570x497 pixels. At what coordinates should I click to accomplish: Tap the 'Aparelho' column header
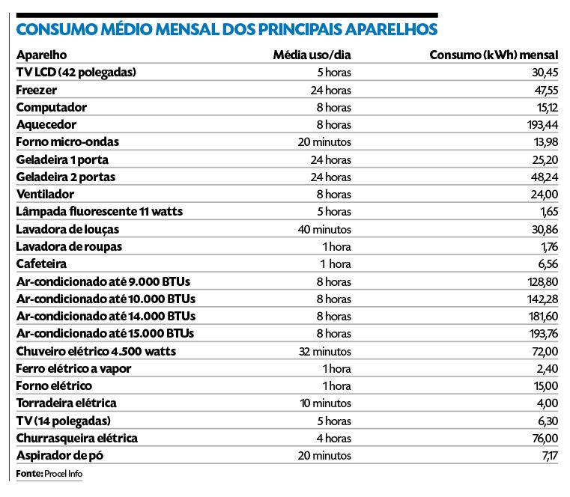[41, 55]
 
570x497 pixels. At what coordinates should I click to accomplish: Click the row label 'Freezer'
[36, 90]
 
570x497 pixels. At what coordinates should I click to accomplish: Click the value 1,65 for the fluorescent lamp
[548, 212]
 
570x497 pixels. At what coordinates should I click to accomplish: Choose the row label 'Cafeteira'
[41, 264]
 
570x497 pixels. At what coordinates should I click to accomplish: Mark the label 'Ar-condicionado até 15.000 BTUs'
[105, 333]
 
